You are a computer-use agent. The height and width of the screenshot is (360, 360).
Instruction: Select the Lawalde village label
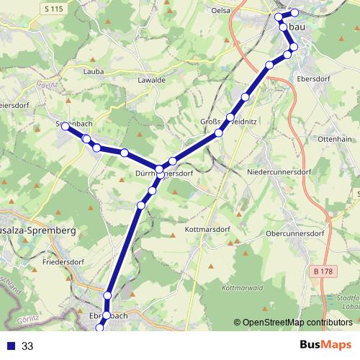151,80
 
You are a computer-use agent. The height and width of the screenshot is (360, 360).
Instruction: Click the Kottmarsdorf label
207,230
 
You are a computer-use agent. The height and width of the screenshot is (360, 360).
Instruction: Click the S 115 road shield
53,8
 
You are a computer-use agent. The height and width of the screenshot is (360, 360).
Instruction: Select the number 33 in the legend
27,346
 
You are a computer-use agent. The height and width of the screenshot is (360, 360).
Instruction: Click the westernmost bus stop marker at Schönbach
65,126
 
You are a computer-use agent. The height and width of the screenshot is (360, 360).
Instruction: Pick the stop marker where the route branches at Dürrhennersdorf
159,170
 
